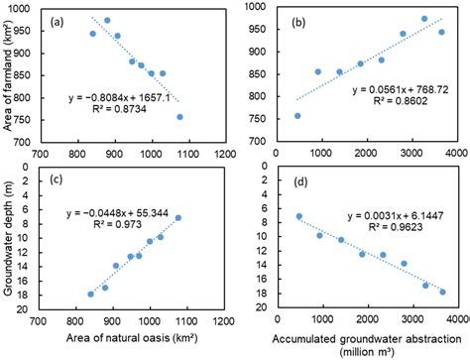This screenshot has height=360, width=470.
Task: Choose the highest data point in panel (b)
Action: [x=423, y=19]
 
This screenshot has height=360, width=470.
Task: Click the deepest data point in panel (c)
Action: [x=91, y=294]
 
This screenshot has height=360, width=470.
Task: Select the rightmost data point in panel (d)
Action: [x=442, y=292]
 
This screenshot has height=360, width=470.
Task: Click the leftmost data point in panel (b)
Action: [x=297, y=116]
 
